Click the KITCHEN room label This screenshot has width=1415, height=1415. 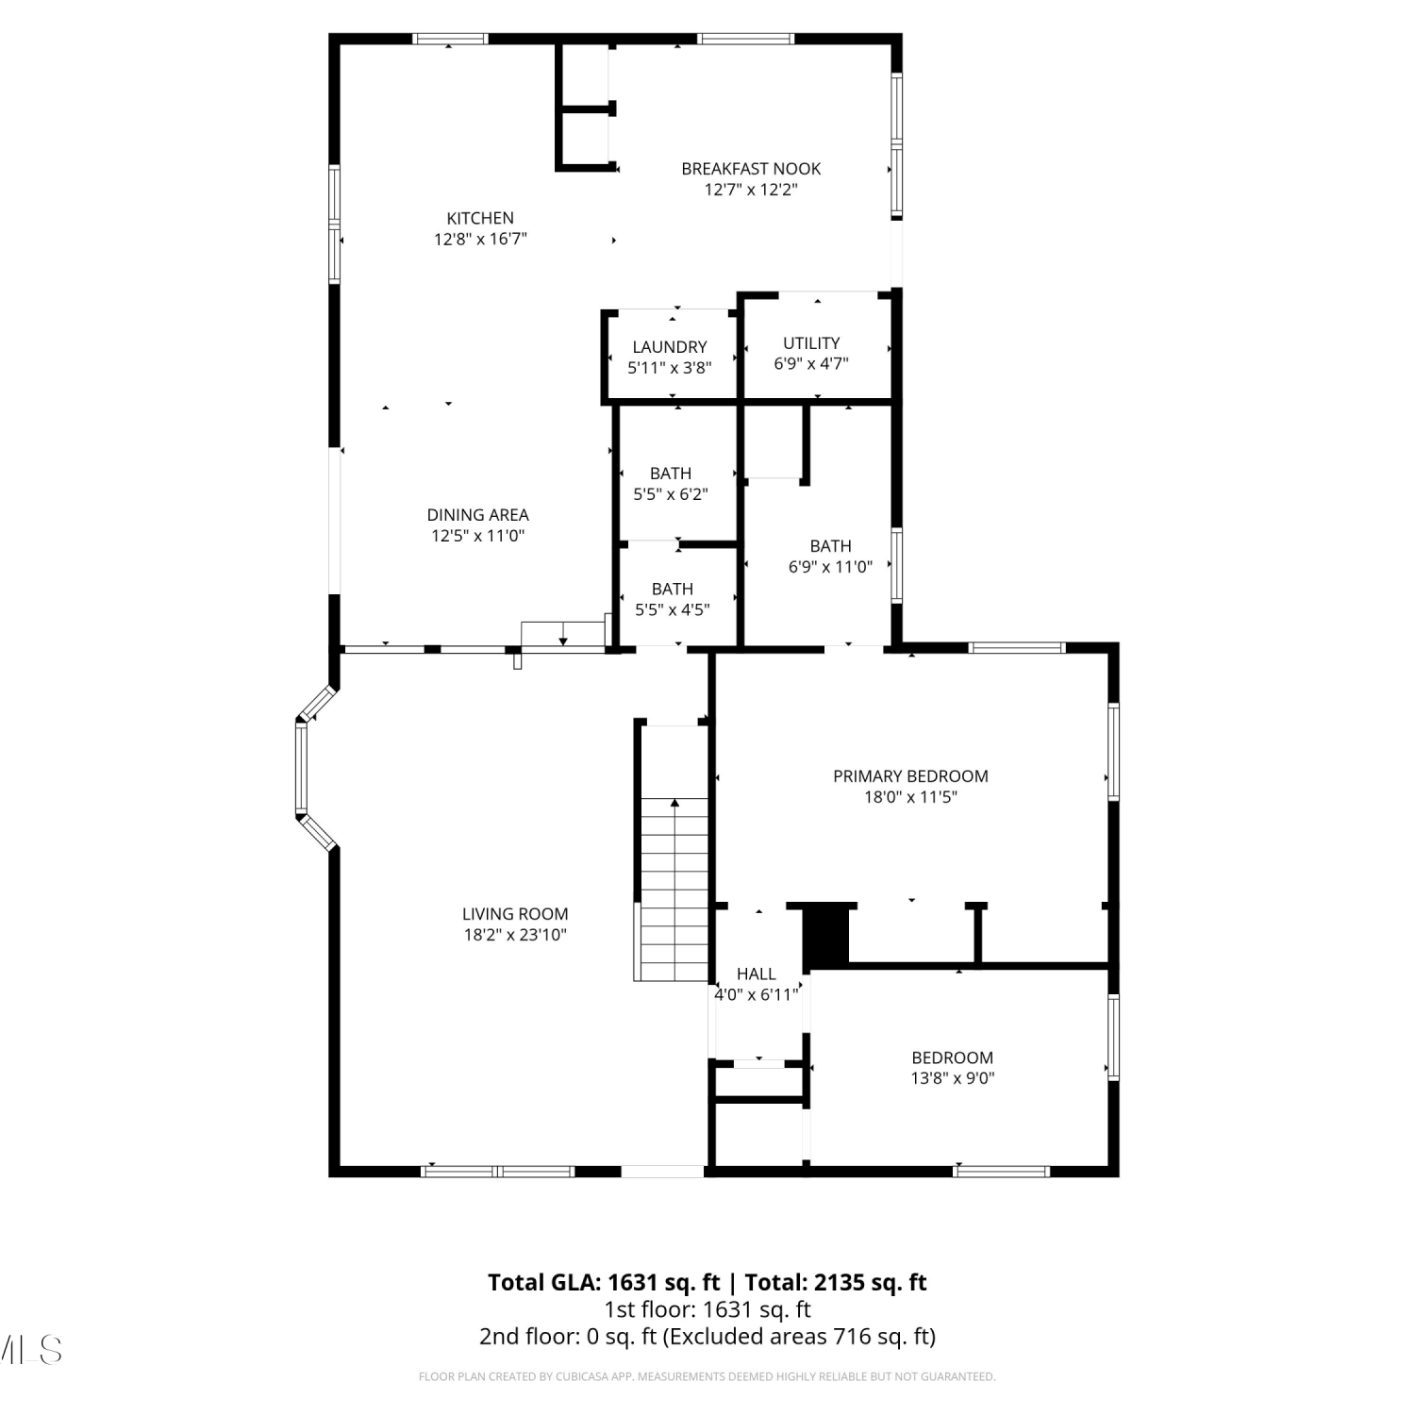(480, 218)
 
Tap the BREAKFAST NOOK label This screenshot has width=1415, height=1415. (751, 169)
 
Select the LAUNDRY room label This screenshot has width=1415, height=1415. (670, 347)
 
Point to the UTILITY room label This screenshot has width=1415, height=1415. (811, 343)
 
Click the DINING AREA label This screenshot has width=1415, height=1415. (478, 515)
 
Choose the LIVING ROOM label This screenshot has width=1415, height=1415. (515, 914)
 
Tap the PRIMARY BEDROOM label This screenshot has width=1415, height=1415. (910, 776)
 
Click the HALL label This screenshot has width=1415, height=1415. (757, 974)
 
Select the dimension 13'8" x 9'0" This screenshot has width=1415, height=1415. (953, 1078)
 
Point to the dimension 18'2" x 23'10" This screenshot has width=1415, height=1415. (515, 935)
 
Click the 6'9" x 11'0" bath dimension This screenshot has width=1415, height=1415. (830, 567)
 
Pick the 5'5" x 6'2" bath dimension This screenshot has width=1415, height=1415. (671, 494)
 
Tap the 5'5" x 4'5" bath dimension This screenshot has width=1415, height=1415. (673, 609)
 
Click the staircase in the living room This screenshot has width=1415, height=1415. (674, 889)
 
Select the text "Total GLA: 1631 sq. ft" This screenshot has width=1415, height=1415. (604, 1282)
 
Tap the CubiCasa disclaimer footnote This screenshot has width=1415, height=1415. (707, 1377)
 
